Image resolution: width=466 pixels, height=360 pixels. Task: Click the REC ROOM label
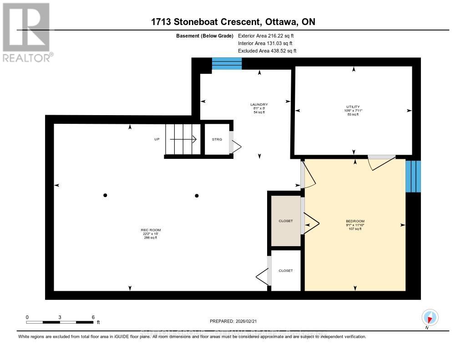[151, 230]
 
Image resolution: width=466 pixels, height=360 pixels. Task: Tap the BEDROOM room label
[355, 221]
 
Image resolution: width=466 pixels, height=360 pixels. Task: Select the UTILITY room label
[353, 107]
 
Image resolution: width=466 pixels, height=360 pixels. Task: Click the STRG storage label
[217, 139]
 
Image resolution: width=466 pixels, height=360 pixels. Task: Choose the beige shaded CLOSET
[286, 221]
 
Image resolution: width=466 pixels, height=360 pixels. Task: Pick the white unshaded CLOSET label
[286, 270]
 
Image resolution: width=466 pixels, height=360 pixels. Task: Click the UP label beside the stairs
[157, 139]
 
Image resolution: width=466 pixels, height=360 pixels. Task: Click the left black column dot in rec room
[105, 195]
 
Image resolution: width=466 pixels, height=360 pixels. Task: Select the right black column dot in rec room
[197, 196]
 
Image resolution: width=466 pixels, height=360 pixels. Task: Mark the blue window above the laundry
[227, 64]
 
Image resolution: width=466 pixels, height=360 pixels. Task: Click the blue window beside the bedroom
[413, 176]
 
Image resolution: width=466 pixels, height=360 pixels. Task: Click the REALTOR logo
[26, 32]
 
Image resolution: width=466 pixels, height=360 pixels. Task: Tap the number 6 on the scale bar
[93, 317]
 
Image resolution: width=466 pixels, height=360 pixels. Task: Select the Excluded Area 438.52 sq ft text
[267, 51]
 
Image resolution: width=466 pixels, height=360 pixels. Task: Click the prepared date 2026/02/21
[248, 321]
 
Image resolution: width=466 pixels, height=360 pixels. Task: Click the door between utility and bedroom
[381, 157]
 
